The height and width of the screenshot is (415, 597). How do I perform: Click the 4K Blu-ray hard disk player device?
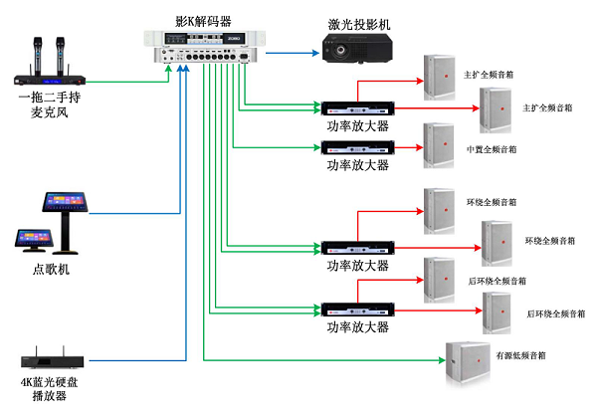53,357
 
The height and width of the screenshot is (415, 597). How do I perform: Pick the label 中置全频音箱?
492,149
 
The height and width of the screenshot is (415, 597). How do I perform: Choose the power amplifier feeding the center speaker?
357,147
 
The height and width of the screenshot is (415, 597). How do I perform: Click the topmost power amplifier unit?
357,106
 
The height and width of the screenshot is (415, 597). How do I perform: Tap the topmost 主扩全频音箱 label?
490,75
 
